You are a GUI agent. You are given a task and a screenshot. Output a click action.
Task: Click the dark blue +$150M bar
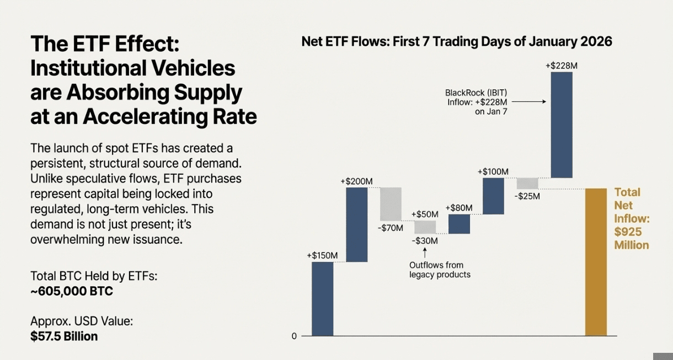click(x=322, y=298)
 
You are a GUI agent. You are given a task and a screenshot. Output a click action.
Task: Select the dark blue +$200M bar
click(x=356, y=224)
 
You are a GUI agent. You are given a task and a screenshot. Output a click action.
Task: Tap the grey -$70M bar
click(x=391, y=204)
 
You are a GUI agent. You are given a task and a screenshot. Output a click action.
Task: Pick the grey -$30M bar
click(x=425, y=227)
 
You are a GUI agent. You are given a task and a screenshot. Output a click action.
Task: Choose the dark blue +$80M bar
click(x=459, y=224)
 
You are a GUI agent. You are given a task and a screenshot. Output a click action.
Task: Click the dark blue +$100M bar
click(x=493, y=196)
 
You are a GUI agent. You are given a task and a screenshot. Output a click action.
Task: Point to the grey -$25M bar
click(x=527, y=183)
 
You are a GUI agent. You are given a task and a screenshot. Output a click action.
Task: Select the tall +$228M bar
click(x=562, y=125)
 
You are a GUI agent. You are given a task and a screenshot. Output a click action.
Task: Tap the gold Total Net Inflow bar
click(x=596, y=262)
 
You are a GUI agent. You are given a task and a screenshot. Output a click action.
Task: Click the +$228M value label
click(x=562, y=66)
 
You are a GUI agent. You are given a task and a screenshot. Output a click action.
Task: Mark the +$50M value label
click(x=425, y=214)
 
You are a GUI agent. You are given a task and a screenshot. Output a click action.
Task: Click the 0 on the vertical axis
click(x=294, y=336)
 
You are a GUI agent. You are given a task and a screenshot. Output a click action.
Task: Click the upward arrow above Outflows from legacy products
click(x=425, y=253)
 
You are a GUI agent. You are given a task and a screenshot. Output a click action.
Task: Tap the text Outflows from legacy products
click(x=440, y=270)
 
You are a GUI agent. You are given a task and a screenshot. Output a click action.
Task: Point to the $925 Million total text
click(x=632, y=238)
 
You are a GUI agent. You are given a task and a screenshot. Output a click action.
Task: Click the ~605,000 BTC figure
click(x=72, y=292)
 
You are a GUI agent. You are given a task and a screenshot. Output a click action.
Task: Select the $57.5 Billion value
click(x=64, y=336)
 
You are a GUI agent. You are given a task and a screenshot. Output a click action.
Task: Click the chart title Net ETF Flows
click(x=456, y=42)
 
